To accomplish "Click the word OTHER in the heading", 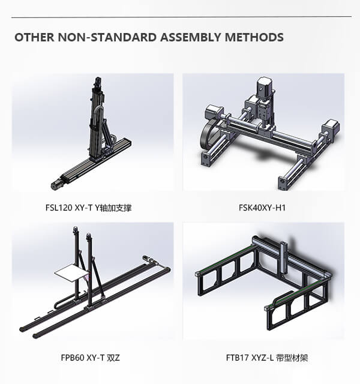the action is coord(34,37).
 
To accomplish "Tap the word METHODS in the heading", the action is coord(254,37).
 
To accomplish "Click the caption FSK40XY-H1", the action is coord(262,208).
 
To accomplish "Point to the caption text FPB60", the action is coord(73,358).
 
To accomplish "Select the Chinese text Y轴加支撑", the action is coord(113,208).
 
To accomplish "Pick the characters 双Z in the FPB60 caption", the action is coord(113,358).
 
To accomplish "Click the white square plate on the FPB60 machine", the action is coord(72,272).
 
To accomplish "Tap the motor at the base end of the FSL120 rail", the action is coord(57,184).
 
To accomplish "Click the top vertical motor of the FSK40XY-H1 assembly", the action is coord(263,88).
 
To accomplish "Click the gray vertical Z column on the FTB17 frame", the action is coord(284,257).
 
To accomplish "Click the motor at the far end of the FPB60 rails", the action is coord(148,259).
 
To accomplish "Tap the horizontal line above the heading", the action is coord(181,17).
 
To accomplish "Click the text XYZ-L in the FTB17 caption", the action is coord(262,358).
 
